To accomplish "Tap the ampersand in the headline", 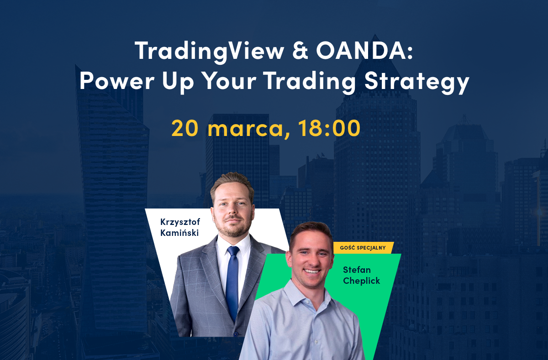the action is tap(300, 50).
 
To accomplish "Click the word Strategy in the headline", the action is tap(416, 82).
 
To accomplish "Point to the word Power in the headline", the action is tap(117, 81).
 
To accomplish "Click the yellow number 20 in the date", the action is tap(184, 128).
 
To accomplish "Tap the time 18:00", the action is tap(329, 128).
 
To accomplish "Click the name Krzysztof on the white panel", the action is tap(180, 222).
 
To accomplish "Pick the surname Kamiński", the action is tap(179, 233).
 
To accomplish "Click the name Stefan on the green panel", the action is tap(357, 270).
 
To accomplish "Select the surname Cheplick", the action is tap(361, 281).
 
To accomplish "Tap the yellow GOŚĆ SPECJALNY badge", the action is tap(363, 248).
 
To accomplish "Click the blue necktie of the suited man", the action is tap(232, 281).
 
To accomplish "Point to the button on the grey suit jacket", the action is tap(236, 334).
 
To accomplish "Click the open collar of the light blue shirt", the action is tap(310, 297).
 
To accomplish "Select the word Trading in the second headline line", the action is tap(309, 82).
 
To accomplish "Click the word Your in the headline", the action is tap(230, 81).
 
